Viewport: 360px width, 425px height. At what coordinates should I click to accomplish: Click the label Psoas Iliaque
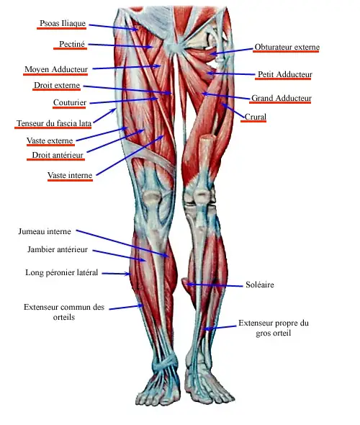(63, 23)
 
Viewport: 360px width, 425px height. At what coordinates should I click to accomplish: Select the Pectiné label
(72, 44)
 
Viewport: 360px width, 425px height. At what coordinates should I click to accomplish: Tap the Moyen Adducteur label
(56, 69)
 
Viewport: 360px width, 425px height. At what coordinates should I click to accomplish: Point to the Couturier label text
(70, 102)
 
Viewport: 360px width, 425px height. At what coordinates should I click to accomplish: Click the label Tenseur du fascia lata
(54, 123)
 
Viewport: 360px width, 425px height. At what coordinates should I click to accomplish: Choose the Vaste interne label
(70, 175)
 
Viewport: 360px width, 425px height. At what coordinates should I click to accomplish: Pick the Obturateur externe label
(287, 47)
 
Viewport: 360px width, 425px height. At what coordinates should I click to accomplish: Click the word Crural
(255, 117)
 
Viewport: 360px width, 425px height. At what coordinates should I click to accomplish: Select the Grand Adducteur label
(282, 98)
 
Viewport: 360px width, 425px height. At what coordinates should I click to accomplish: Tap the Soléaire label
(260, 285)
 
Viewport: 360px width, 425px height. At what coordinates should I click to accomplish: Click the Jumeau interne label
(45, 231)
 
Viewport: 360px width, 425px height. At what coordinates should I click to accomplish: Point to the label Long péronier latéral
(61, 272)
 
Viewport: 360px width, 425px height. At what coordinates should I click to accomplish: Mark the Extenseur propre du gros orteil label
(274, 328)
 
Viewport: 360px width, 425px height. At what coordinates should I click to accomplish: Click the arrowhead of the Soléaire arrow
(188, 285)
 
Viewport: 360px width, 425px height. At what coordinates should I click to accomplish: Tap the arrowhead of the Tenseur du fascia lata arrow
(114, 110)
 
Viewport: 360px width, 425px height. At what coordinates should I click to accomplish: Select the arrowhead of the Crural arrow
(223, 104)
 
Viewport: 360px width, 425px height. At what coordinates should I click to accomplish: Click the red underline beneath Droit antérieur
(56, 159)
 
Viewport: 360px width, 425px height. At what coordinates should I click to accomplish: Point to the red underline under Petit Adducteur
(283, 79)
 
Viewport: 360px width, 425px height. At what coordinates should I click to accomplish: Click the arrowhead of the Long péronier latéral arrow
(128, 274)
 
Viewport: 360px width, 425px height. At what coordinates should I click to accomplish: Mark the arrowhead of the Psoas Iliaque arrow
(136, 30)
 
